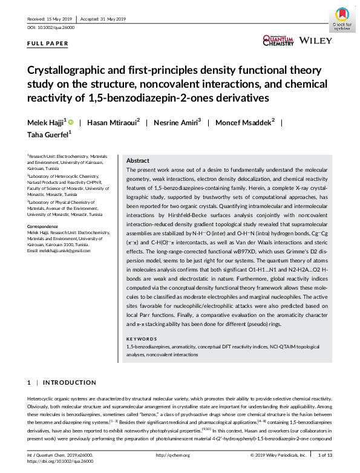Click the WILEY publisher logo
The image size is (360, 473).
pos(315,41)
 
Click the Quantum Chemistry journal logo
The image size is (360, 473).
pos(278,40)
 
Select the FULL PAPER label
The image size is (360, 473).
pos(48,44)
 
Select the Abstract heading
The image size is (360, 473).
pos(137,161)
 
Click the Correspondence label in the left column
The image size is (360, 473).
pos(43,226)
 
